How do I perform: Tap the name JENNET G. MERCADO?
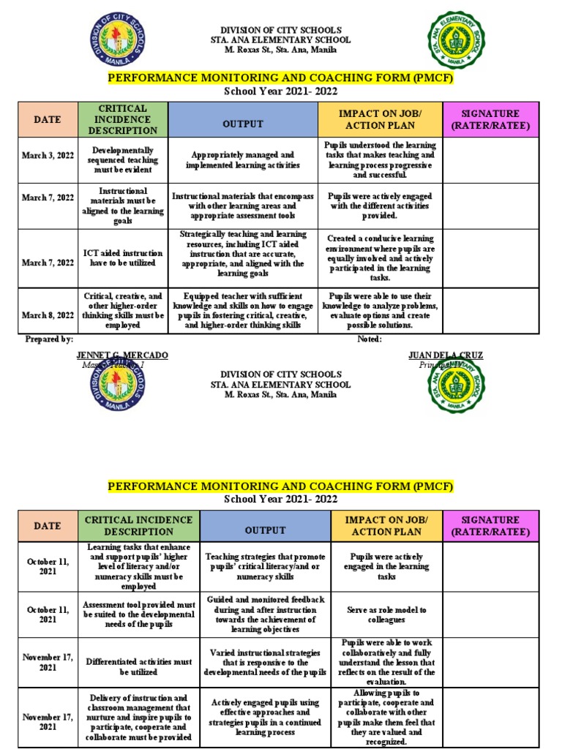(122, 355)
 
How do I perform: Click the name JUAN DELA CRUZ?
(446, 355)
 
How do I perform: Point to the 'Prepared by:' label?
(49, 339)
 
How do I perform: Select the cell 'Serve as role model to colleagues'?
(387, 614)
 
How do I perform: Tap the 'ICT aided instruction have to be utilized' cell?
(122, 258)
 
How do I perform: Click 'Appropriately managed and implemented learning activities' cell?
(243, 160)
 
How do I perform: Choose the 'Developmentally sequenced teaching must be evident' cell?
(122, 160)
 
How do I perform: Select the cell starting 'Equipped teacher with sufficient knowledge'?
(243, 311)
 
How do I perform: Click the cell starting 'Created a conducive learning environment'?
(380, 258)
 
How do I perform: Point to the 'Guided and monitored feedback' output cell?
(266, 614)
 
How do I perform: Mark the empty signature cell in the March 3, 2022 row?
(490, 160)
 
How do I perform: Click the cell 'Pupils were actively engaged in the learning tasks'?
(387, 566)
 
